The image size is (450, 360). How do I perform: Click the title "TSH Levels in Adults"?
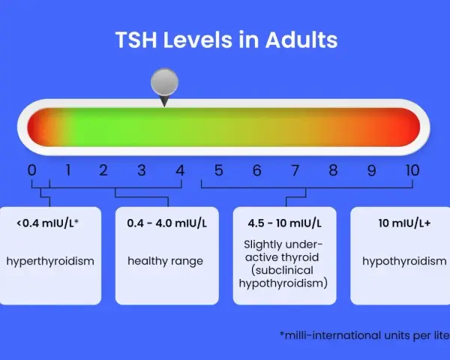point(226,40)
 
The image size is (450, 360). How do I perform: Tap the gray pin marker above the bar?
point(164,86)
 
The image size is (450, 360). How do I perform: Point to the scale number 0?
point(31,170)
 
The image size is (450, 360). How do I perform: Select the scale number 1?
point(68,170)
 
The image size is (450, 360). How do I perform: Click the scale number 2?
point(103,170)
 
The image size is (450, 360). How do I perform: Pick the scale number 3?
point(142,170)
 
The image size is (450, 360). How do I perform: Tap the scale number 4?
point(180,170)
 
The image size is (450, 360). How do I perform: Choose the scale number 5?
point(218,170)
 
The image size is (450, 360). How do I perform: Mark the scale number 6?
point(256,170)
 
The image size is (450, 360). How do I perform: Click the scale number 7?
point(295,170)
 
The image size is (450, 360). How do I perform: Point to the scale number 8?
point(333,170)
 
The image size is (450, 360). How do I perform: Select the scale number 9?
point(371,170)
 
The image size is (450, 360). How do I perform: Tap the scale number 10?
point(412,170)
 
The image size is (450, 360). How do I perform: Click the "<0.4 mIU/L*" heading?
point(48,223)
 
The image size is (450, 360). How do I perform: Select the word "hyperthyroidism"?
point(50,261)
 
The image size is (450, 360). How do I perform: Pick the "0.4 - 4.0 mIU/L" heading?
point(166,223)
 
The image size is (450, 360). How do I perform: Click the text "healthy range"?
point(165,261)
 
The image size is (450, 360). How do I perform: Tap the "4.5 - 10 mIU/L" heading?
point(284,223)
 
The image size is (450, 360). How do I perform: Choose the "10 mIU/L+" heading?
point(404,223)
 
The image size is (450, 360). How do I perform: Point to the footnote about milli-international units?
point(364,335)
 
